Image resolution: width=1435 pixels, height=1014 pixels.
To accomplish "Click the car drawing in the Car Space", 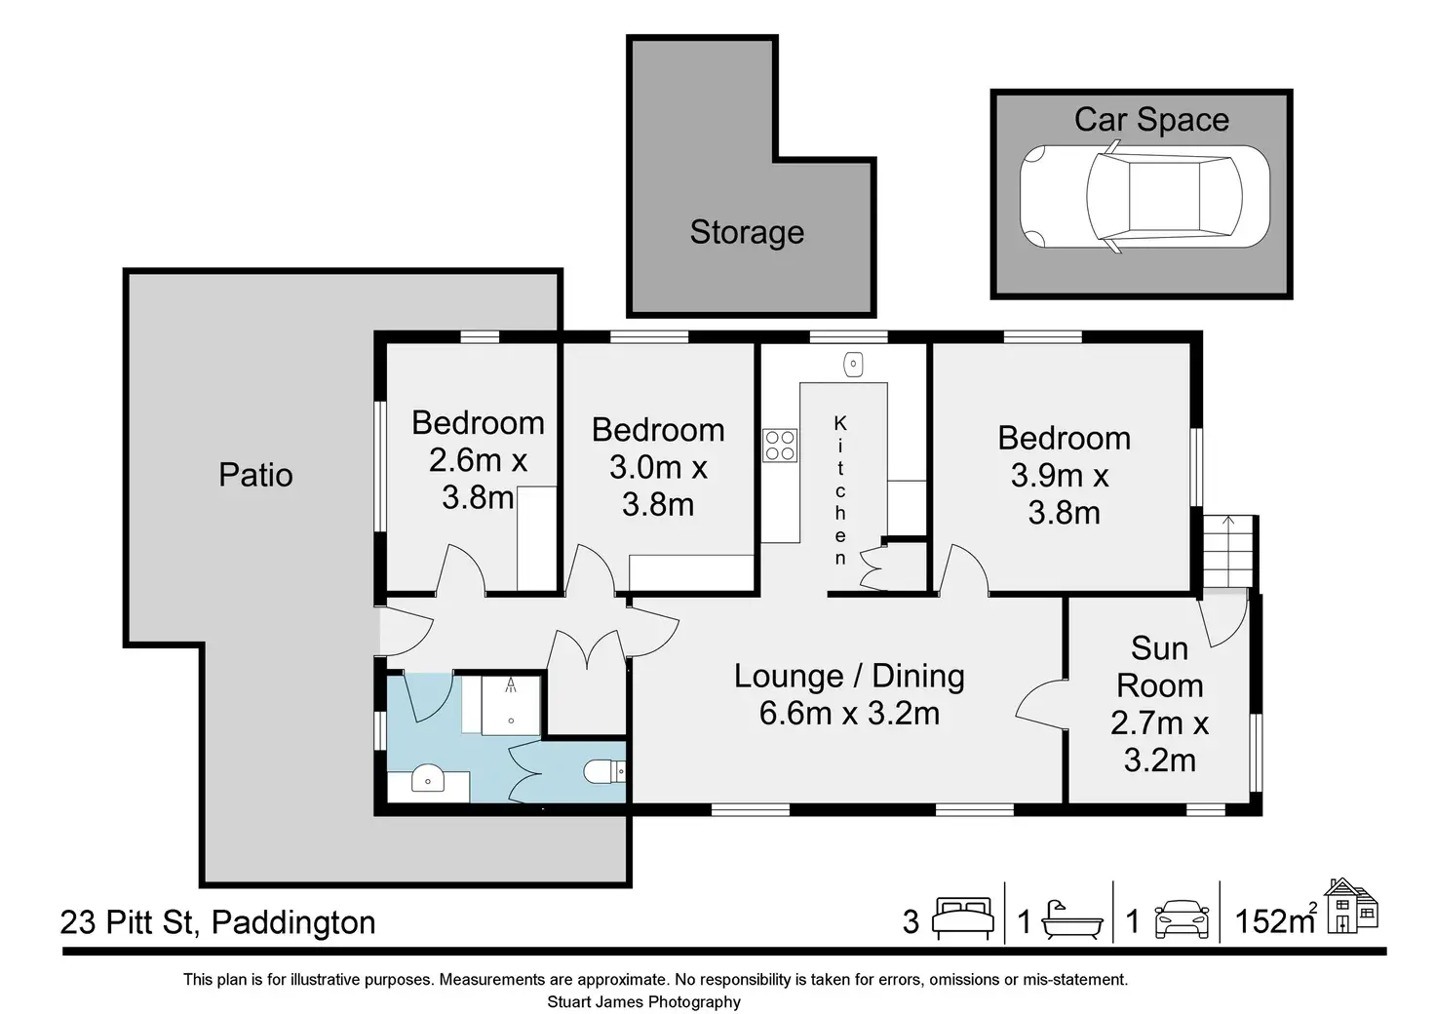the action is point(1144,196).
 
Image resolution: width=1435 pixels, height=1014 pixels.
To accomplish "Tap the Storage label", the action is point(747,232).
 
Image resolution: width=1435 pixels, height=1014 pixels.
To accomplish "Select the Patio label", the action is point(255,475).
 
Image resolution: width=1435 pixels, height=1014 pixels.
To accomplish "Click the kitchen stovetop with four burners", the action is point(780,446).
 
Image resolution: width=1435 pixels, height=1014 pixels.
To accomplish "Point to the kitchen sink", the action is point(853,365).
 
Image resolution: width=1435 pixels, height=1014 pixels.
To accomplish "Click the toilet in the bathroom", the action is point(604,771).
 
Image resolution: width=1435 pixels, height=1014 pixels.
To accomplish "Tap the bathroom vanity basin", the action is point(427,777).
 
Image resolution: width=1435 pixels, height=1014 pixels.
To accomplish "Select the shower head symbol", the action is point(511,684).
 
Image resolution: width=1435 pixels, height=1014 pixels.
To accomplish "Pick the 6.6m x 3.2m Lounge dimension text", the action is point(849,713).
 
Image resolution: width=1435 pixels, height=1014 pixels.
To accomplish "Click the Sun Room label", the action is point(1159,667).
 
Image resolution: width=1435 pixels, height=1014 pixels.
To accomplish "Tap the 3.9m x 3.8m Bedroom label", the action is point(1065,475).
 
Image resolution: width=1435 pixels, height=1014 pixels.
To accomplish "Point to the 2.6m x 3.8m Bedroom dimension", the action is point(478,479).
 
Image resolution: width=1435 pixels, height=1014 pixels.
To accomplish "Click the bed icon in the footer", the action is point(963,919).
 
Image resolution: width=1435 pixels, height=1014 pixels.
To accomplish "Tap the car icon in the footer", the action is point(1182,919).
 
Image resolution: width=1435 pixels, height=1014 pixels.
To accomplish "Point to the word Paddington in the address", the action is point(293,923).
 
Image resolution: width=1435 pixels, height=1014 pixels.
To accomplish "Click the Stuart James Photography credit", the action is point(643,1002).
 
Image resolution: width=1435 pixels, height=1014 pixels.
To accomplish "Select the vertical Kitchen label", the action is point(840,490).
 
